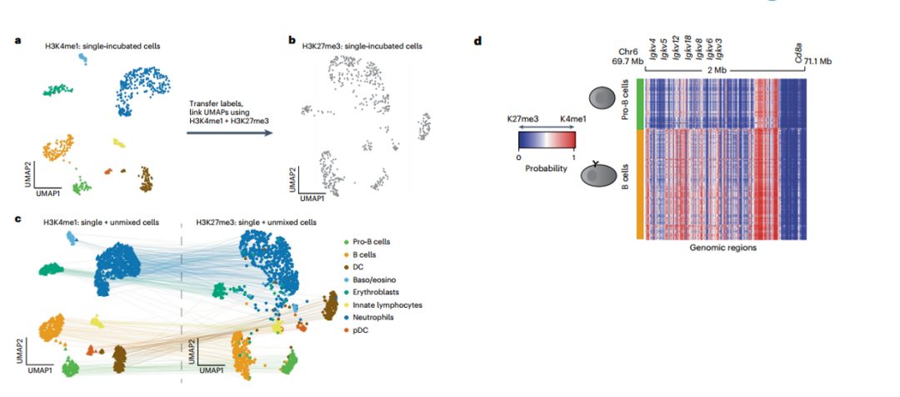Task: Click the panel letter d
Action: point(477,40)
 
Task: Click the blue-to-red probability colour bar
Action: point(546,143)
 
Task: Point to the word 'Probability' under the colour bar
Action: point(546,167)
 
